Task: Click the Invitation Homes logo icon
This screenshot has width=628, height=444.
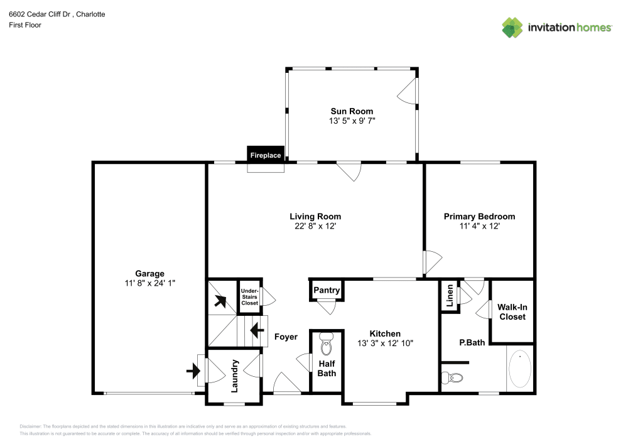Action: click(x=512, y=27)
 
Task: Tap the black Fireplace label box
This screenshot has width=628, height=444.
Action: click(x=266, y=155)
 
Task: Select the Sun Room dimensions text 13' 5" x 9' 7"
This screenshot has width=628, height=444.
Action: click(x=352, y=121)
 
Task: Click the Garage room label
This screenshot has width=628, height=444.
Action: click(x=149, y=273)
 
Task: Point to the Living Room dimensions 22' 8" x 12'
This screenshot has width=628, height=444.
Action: click(x=315, y=226)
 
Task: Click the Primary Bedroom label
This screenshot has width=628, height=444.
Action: click(x=479, y=217)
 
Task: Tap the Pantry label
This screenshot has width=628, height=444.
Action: click(x=327, y=290)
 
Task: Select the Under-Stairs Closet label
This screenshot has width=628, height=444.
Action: click(x=249, y=296)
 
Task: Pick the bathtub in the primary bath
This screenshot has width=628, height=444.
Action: click(x=519, y=369)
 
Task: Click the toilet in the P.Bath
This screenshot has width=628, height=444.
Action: click(x=452, y=378)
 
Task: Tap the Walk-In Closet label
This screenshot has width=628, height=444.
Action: click(x=512, y=311)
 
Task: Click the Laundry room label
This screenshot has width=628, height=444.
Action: click(x=235, y=376)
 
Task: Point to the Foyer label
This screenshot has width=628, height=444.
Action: click(x=286, y=337)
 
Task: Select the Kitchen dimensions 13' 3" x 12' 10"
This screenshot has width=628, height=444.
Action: click(x=385, y=343)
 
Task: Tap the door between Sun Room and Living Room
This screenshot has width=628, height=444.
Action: click(x=349, y=170)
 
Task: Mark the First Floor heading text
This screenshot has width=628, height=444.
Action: click(x=24, y=25)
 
